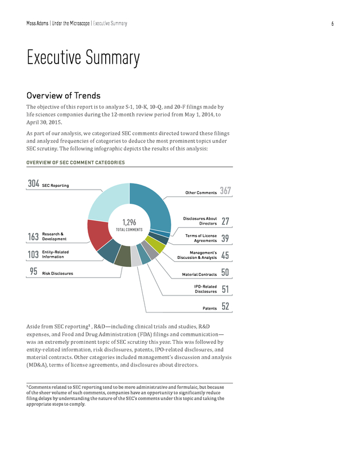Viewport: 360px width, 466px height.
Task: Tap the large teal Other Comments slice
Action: tap(155, 205)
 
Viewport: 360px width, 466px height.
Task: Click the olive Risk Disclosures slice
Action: tap(123, 256)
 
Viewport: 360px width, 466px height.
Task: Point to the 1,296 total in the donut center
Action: tap(129, 222)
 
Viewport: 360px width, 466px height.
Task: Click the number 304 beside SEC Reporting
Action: tap(34, 183)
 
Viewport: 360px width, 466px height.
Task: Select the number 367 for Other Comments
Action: tap(226, 190)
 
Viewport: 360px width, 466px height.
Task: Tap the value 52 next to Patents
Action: tap(226, 306)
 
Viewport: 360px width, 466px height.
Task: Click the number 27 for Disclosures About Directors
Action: tap(226, 221)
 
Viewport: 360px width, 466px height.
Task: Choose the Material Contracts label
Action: tap(199, 274)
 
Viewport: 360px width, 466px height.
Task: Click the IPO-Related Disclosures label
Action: tap(205, 289)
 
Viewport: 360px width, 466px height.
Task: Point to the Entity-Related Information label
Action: tap(55, 254)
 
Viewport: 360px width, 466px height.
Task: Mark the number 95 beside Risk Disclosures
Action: tap(34, 271)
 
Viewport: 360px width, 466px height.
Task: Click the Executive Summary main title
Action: tap(83, 57)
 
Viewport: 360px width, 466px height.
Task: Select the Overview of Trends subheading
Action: tap(64, 96)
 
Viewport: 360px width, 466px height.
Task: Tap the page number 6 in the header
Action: tap(332, 24)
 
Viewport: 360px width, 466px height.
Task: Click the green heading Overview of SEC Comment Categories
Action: tap(75, 163)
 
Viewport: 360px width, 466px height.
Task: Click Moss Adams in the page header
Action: tap(37, 23)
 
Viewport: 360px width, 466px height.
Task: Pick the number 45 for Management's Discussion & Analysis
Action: tap(225, 256)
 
